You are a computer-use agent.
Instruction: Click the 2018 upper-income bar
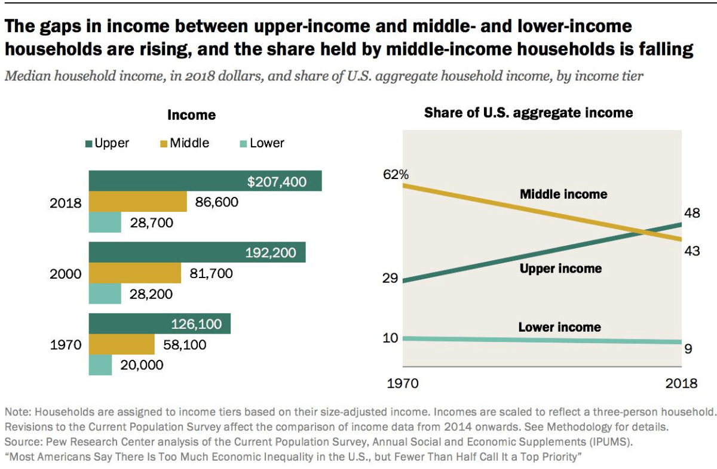(x=167, y=181)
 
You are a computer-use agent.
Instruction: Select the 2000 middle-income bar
(x=134, y=273)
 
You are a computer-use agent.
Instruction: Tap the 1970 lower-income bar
(x=100, y=365)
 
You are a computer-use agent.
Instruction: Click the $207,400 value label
(x=277, y=181)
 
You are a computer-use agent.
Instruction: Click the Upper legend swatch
(x=89, y=143)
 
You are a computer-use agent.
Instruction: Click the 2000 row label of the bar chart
(x=65, y=274)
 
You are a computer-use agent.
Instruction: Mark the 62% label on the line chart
(x=396, y=175)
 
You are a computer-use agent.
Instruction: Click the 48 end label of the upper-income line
(x=692, y=214)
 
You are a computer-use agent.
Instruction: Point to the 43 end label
(x=692, y=251)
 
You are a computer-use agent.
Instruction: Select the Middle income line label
(x=563, y=194)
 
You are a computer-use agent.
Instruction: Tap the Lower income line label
(x=559, y=327)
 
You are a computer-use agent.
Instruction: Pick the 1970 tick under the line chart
(x=403, y=383)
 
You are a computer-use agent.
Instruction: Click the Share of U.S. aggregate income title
(x=528, y=112)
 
